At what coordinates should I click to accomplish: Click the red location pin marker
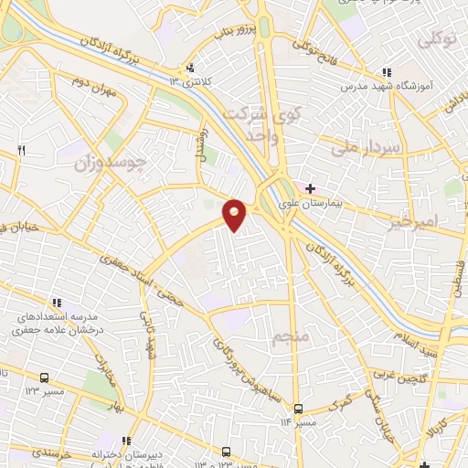click(235, 216)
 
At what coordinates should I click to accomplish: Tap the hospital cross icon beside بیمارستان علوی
click(310, 188)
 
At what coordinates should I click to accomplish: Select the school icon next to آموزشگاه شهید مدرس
click(387, 71)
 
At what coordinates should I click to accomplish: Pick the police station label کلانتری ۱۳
click(191, 81)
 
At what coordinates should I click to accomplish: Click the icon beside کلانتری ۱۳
click(190, 67)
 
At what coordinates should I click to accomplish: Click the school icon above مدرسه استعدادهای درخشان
click(57, 303)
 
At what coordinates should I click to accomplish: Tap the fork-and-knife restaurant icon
click(22, 149)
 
